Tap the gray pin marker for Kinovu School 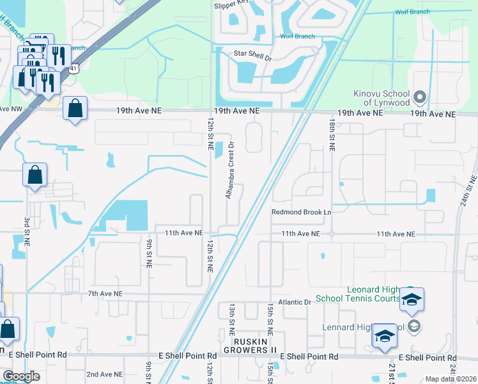(x=419, y=98)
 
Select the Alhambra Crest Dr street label (x=228, y=170)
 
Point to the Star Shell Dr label (x=253, y=56)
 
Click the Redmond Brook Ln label (x=302, y=212)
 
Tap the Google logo (x=21, y=376)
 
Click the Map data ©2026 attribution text (x=451, y=379)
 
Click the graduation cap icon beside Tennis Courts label (x=412, y=300)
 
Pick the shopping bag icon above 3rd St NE (x=35, y=174)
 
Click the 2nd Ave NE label (x=104, y=374)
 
